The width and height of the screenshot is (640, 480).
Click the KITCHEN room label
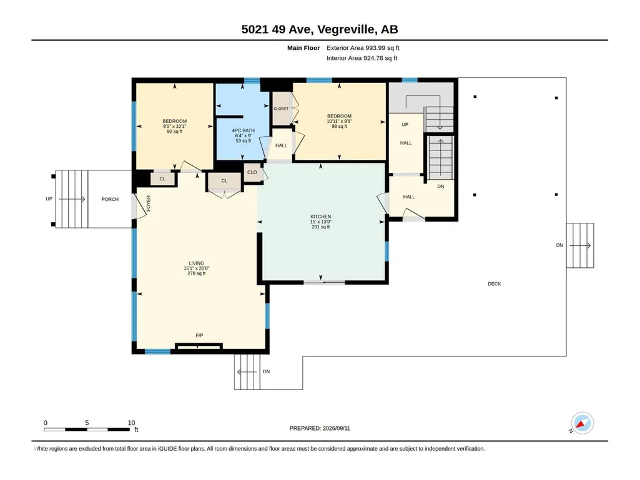click(x=320, y=217)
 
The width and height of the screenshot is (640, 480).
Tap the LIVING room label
click(x=196, y=263)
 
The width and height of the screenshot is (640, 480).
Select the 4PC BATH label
click(x=244, y=130)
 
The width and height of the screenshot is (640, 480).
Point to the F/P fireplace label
click(x=199, y=336)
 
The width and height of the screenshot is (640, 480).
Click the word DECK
click(x=495, y=283)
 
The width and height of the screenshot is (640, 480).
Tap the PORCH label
click(x=110, y=199)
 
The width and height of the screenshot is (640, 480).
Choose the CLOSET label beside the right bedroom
click(x=281, y=109)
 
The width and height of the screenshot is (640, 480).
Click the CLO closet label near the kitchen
click(x=252, y=172)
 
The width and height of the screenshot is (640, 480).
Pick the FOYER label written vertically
click(x=149, y=203)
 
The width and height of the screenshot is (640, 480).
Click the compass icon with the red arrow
click(x=583, y=423)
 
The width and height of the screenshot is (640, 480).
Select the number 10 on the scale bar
click(x=131, y=423)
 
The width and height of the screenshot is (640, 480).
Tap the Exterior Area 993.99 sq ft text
click(x=363, y=48)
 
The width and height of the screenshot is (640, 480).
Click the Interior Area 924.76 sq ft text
click(x=362, y=58)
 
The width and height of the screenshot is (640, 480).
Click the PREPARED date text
click(x=320, y=428)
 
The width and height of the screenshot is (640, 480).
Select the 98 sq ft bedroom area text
click(x=339, y=127)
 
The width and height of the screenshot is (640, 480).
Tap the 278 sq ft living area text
click(x=196, y=273)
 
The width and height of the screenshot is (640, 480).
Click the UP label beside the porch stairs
click(x=49, y=198)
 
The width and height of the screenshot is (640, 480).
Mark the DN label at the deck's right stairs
click(x=559, y=245)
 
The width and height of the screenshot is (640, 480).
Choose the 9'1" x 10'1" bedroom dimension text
click(x=174, y=127)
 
